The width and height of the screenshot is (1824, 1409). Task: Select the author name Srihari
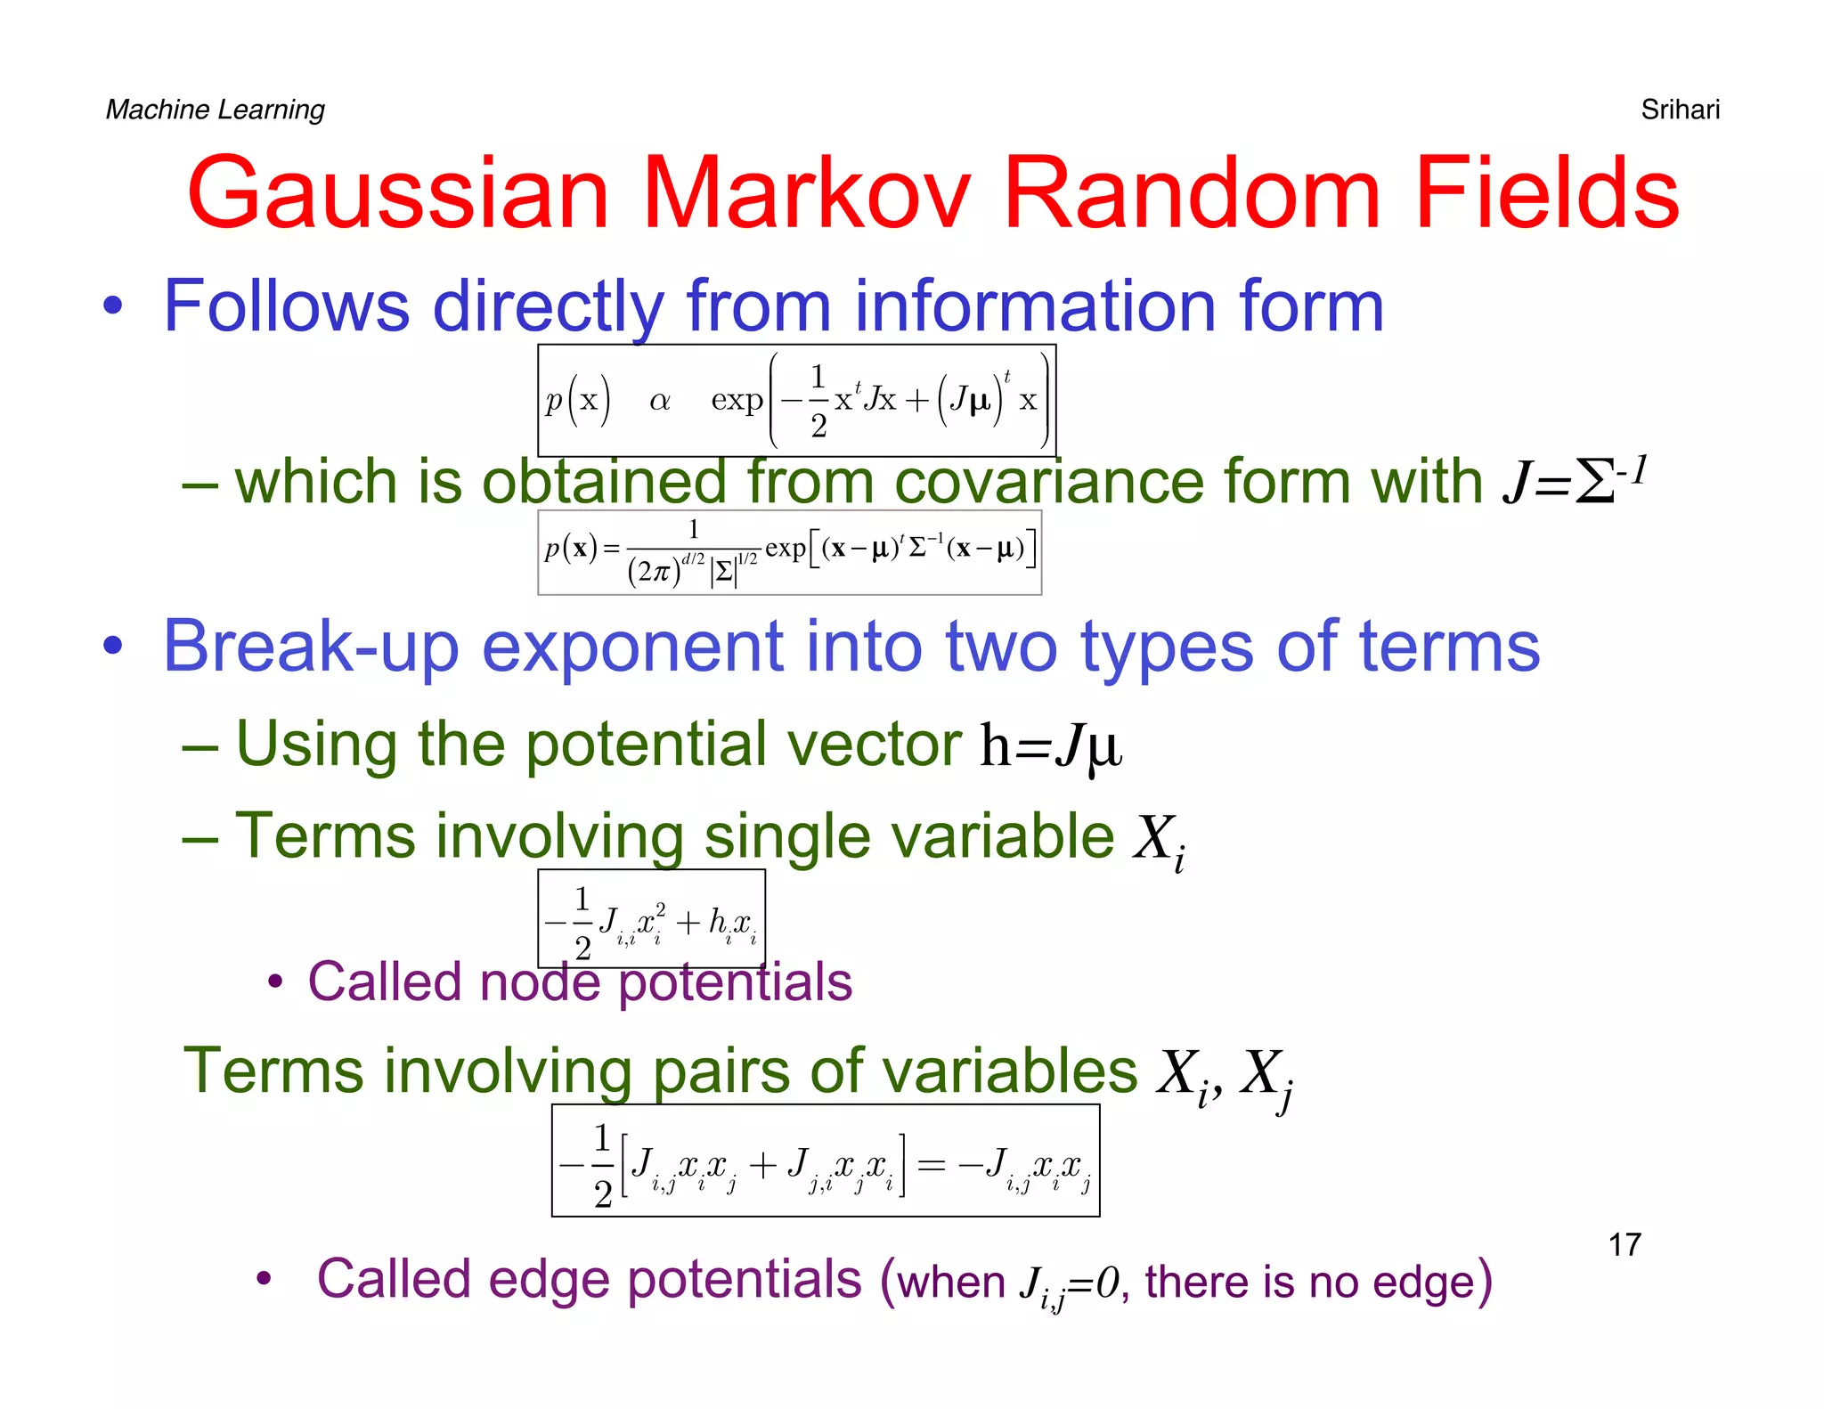tap(1680, 110)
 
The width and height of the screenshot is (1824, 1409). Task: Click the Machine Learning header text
tap(216, 110)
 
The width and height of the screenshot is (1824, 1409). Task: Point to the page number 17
tap(1624, 1244)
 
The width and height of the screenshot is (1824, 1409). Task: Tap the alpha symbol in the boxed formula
tap(659, 401)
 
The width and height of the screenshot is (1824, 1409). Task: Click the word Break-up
tap(311, 647)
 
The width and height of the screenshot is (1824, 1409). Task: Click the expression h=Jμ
tap(1051, 746)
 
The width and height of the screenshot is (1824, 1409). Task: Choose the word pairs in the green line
tap(721, 1071)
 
